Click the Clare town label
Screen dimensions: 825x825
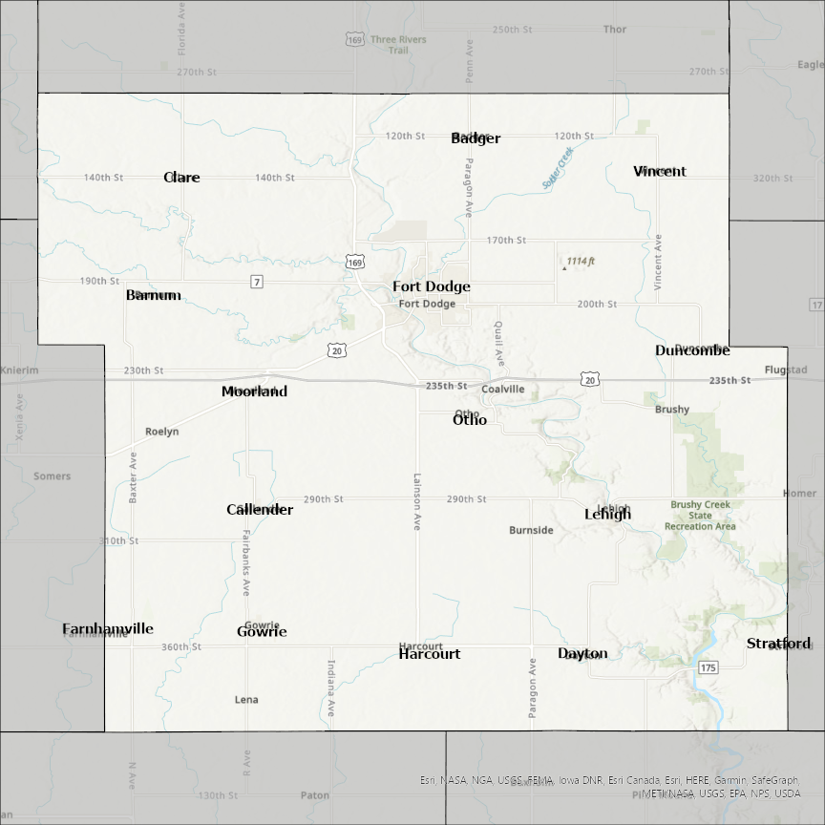[x=181, y=178]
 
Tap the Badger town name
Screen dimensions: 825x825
[x=476, y=138]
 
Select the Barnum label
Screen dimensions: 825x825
[x=153, y=295]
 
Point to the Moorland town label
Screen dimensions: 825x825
[x=254, y=391]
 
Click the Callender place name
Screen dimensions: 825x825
[x=260, y=510]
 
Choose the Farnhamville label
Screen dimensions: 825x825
[x=108, y=629]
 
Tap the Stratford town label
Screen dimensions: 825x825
[x=778, y=644]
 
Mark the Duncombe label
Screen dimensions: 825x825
[x=692, y=350]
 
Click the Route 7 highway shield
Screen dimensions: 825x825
[x=256, y=282]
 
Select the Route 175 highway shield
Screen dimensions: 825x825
[x=708, y=667]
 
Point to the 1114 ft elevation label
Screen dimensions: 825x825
[x=580, y=262]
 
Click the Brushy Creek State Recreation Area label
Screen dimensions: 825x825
[x=701, y=516]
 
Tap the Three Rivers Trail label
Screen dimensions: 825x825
[x=398, y=45]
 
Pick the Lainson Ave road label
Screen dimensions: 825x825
[x=417, y=501]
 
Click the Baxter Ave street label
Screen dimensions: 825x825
[x=134, y=477]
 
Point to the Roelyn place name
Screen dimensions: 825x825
[x=162, y=432]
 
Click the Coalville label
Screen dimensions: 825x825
[x=503, y=390]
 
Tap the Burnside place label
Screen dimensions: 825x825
[x=531, y=530]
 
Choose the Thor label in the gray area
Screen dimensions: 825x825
[x=615, y=30]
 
